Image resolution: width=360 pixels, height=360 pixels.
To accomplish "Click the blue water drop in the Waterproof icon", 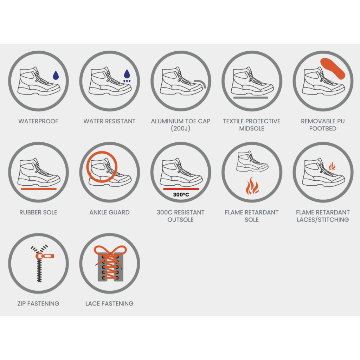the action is (56, 75).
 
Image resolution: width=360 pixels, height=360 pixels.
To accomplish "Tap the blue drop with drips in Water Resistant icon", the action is (127, 76).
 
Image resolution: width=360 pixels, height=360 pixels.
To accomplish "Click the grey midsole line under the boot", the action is (251, 98).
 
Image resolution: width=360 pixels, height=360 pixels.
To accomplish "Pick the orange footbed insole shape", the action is (333, 69).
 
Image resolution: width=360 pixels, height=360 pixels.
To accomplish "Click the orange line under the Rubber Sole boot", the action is (39, 189).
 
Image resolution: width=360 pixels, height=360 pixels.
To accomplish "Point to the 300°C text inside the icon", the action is (181, 195).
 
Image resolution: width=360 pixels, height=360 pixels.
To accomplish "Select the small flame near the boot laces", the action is (332, 166).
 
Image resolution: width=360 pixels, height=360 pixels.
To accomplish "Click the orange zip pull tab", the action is (45, 256).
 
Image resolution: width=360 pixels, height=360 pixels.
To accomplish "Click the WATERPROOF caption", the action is (38, 121).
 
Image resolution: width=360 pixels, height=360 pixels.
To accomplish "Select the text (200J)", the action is (180, 129).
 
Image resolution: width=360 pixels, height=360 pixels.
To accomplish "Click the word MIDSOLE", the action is (252, 129).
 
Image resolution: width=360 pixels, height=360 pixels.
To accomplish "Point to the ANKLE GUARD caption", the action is (110, 212).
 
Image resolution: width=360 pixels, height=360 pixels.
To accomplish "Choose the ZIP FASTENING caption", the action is (38, 303).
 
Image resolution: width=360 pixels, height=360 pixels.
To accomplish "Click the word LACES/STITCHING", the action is (323, 220).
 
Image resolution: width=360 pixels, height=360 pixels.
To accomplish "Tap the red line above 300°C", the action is (181, 189).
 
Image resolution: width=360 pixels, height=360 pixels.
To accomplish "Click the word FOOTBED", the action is (323, 129).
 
